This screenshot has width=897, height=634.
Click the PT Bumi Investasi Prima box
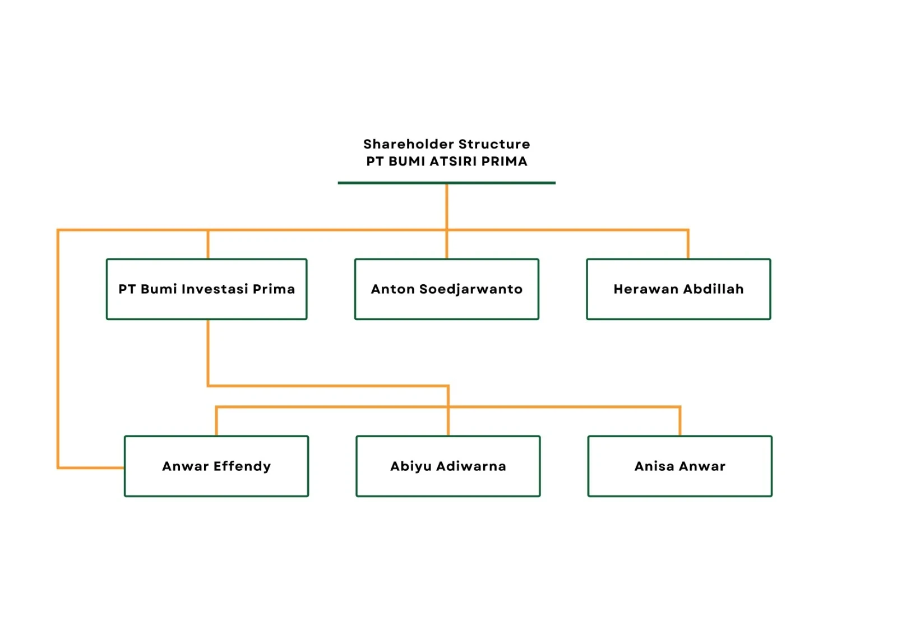207,289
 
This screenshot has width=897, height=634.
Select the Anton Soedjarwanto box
446,289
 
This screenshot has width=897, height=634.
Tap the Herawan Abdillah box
678,289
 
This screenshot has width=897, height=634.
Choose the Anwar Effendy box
216,466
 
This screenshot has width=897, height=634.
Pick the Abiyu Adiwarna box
448,466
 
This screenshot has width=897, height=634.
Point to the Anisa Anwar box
680,466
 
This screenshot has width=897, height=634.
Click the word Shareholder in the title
409,144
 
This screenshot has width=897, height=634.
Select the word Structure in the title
494,144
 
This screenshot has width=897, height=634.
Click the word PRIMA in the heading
505,161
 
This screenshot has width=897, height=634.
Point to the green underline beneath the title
446,183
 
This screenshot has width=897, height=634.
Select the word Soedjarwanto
471,289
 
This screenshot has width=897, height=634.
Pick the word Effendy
242,466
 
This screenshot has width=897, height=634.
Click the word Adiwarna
471,466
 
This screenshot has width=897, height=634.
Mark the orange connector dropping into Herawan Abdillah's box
688,244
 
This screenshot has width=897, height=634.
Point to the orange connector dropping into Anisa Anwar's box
679,421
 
